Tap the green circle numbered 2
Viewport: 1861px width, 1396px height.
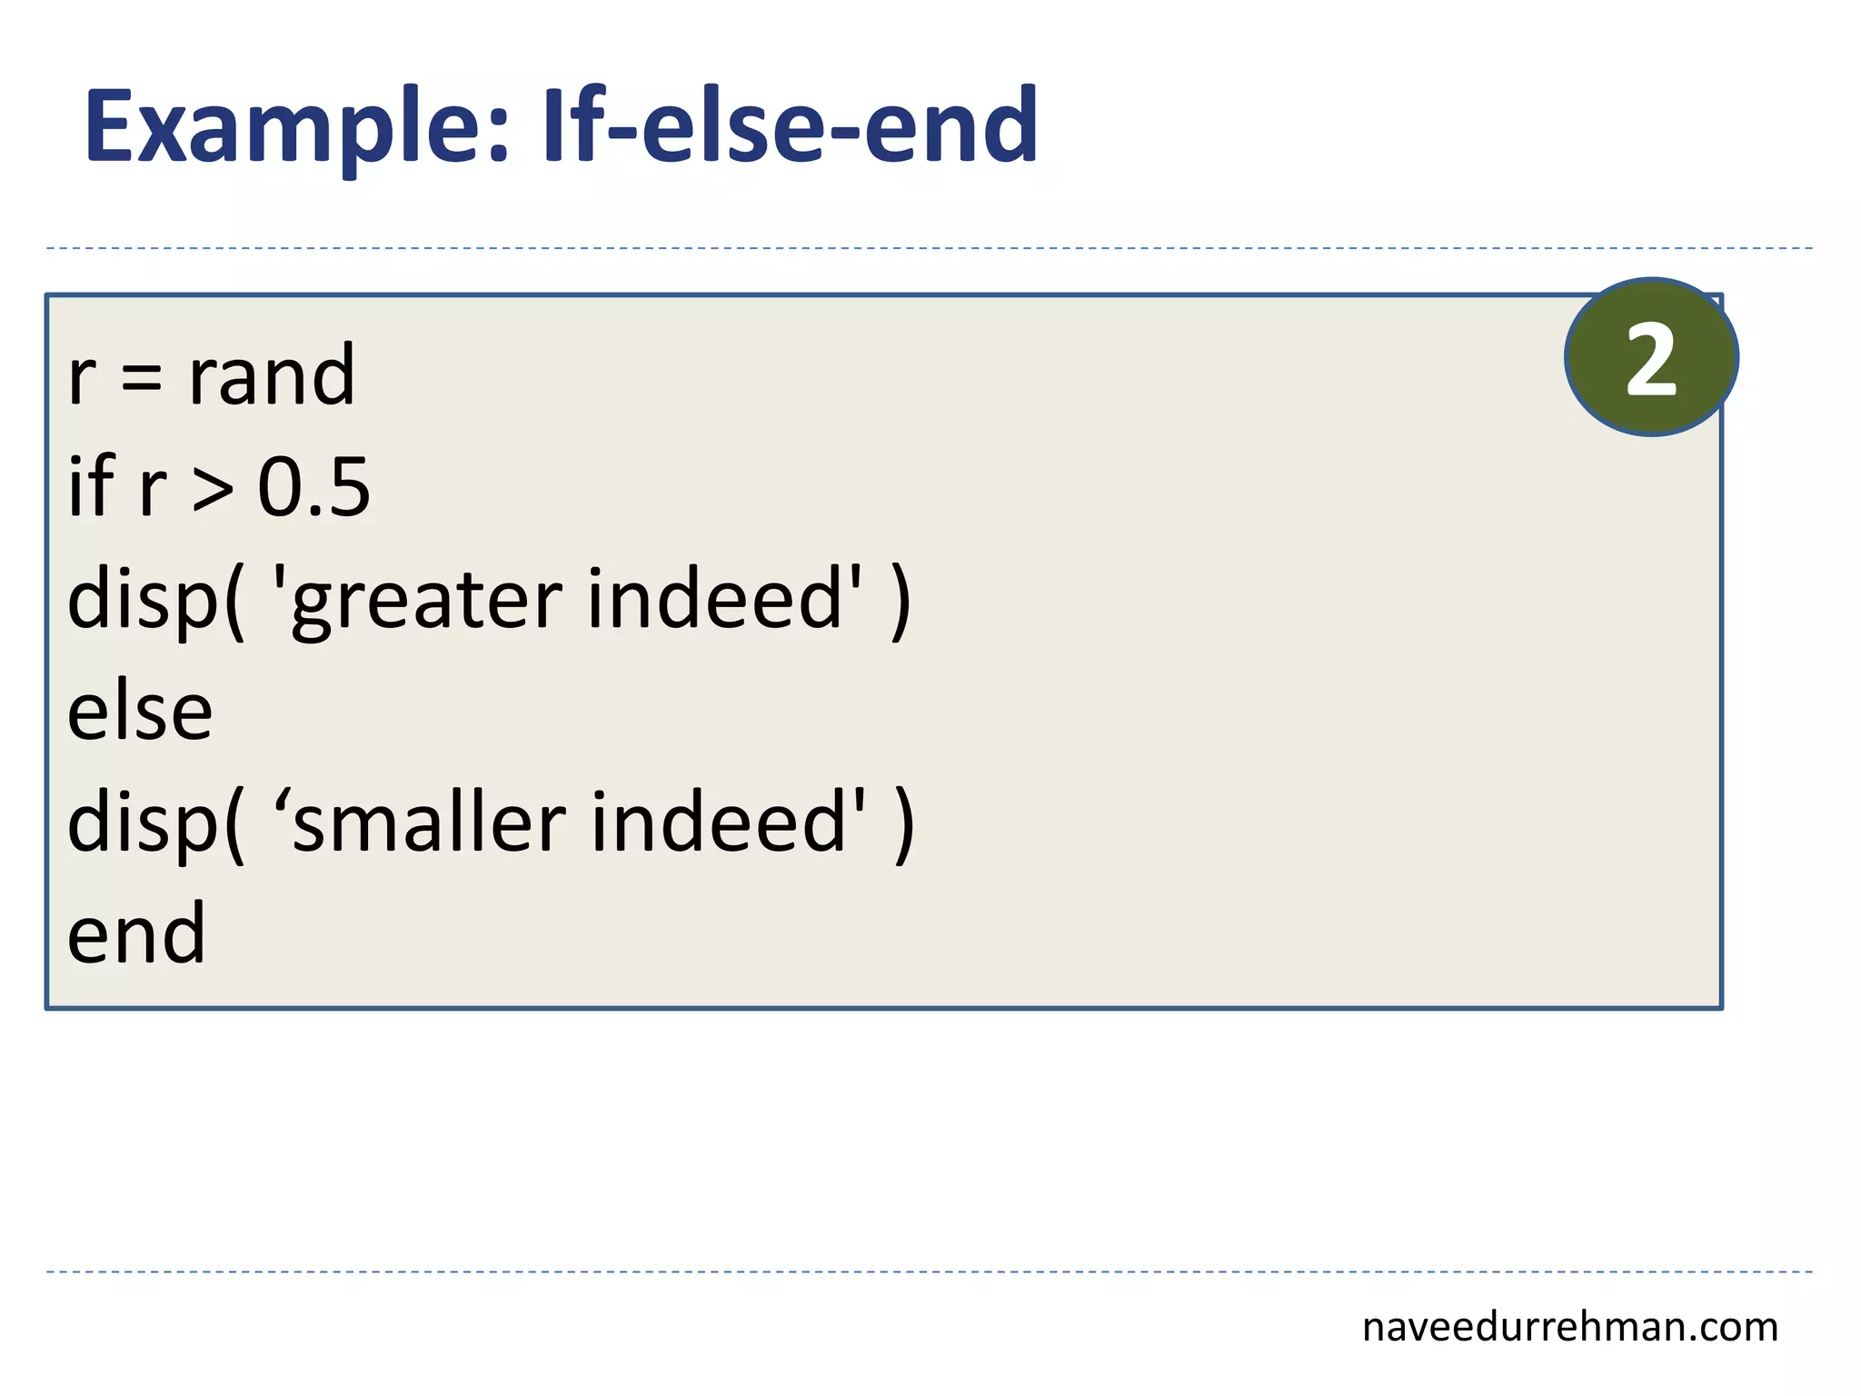click(x=1651, y=358)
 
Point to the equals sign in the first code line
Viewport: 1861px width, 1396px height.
click(x=142, y=377)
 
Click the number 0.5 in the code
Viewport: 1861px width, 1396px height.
click(x=313, y=487)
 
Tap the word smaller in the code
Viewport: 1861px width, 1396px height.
click(x=430, y=822)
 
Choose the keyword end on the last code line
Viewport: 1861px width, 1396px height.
click(x=137, y=933)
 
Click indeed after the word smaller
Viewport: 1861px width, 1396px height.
click(x=720, y=822)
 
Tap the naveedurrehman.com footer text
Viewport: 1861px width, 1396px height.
click(x=1569, y=1327)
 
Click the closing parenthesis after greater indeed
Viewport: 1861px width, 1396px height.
click(x=900, y=602)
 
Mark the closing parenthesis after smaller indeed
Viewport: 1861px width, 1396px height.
click(x=904, y=824)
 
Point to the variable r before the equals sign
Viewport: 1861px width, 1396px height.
click(x=82, y=377)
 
